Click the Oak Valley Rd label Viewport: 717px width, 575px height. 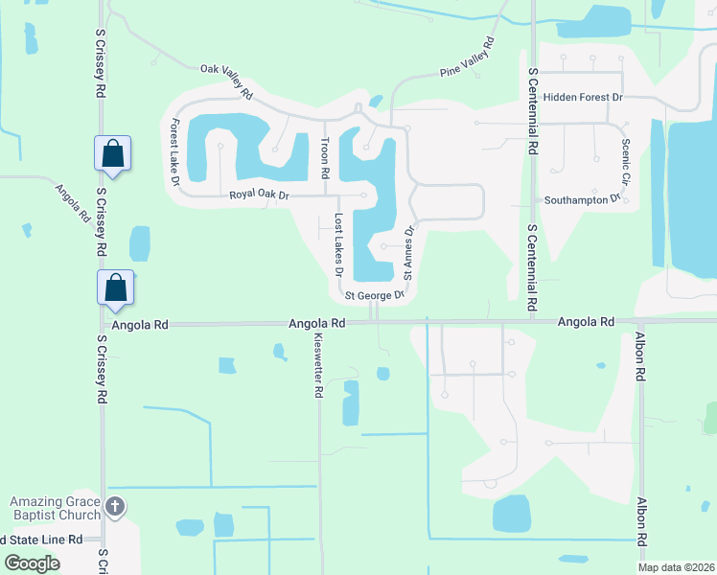(x=226, y=81)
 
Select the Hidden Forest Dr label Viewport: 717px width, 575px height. (x=583, y=98)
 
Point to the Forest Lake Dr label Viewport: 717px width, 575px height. (x=175, y=151)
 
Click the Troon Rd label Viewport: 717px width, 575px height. (x=325, y=159)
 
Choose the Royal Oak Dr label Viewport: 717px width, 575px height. (x=259, y=195)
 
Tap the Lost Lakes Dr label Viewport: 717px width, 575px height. (x=338, y=244)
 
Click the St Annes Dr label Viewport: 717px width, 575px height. (x=408, y=252)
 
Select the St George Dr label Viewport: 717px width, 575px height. (x=369, y=296)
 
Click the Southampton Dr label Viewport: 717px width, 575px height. (x=583, y=200)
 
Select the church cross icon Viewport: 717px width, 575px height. (x=114, y=507)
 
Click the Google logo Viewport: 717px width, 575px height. (x=33, y=563)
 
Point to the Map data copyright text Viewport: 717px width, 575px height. (x=676, y=567)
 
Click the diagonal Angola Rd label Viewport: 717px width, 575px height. (x=72, y=203)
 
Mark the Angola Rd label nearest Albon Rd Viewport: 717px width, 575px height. (x=586, y=322)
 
